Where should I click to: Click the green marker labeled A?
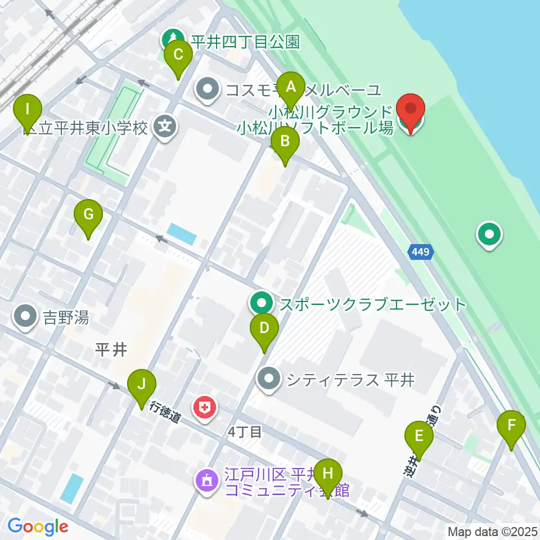[291, 88]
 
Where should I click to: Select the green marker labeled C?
[178, 56]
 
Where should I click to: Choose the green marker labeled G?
[88, 215]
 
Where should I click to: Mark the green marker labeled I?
[27, 109]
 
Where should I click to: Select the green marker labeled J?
[142, 385]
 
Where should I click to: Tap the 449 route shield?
[421, 253]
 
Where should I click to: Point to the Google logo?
[38, 526]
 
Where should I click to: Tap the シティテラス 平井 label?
[350, 380]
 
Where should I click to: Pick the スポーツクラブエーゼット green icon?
[261, 304]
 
